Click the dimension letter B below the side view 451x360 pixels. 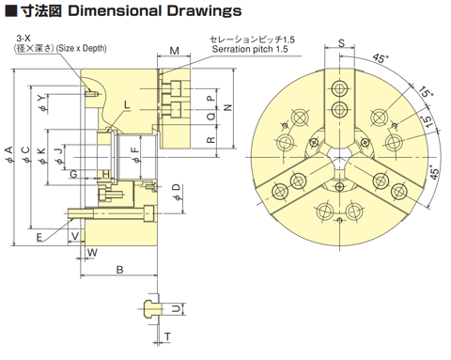pos(120,270)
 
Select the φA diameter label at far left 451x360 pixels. pos(9,154)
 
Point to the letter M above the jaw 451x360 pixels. pos(174,51)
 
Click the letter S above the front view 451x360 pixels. pos(341,43)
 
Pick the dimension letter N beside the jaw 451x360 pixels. pos(228,107)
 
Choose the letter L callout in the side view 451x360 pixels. pos(127,104)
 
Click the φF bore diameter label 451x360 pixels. pos(135,155)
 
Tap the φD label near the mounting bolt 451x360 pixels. pos(177,192)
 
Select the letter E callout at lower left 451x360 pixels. pos(39,237)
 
